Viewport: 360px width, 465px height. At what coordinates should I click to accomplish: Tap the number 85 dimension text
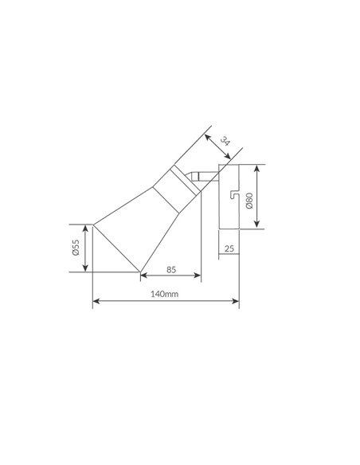click(170, 268)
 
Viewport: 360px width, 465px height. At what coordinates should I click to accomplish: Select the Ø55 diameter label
click(76, 248)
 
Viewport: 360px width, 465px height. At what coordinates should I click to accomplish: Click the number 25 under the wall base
click(229, 248)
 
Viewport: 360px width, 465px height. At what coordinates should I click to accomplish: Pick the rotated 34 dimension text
click(225, 142)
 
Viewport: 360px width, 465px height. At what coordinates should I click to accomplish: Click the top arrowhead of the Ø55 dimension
click(84, 226)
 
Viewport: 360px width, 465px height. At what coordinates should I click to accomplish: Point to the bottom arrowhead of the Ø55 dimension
click(84, 270)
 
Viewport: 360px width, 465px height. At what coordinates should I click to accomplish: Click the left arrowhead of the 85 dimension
click(143, 276)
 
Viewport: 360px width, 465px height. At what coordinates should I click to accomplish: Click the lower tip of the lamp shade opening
click(140, 272)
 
